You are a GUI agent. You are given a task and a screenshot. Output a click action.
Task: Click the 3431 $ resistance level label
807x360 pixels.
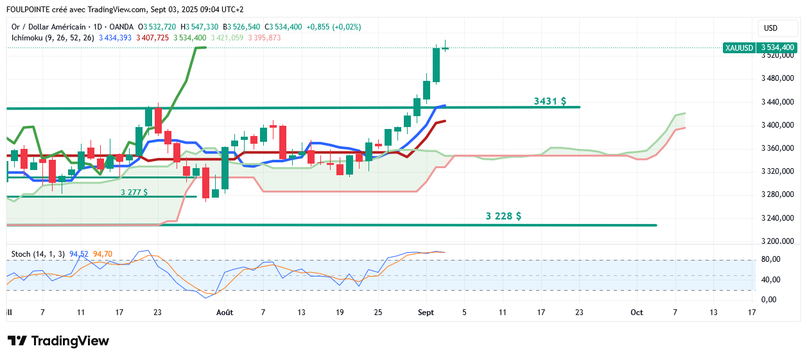point(550,101)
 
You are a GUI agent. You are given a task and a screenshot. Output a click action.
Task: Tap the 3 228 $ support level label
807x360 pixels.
point(503,216)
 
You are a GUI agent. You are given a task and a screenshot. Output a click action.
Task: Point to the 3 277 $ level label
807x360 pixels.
point(134,192)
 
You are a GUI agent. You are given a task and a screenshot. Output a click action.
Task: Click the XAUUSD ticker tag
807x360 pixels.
point(738,47)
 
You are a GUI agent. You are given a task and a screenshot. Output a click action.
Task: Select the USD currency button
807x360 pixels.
point(770,28)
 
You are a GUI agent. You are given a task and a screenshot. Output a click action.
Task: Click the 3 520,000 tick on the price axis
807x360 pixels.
point(778,56)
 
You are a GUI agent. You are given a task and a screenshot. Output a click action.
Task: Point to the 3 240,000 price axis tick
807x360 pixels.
point(778,218)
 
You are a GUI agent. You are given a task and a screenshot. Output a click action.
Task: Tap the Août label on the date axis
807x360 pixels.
point(225,313)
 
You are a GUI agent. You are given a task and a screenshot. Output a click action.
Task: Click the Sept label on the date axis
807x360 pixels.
point(426,313)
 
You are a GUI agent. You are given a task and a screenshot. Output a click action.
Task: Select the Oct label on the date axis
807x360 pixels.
point(636,313)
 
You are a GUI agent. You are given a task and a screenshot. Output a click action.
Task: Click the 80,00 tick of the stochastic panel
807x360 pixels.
point(770,259)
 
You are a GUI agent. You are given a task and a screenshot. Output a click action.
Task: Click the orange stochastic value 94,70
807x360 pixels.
point(103,254)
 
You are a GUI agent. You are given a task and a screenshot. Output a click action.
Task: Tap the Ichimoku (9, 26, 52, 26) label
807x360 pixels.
point(53,38)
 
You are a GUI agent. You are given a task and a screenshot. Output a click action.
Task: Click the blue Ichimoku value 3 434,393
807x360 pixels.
point(115,38)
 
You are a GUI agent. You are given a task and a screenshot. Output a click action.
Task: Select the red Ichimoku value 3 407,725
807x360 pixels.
point(152,38)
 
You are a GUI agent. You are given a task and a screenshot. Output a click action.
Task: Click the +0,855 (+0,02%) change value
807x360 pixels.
point(334,27)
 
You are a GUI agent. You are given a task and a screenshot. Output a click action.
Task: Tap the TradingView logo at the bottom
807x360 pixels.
point(58,341)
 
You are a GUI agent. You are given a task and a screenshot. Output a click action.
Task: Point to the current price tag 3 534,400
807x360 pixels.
point(777,47)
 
